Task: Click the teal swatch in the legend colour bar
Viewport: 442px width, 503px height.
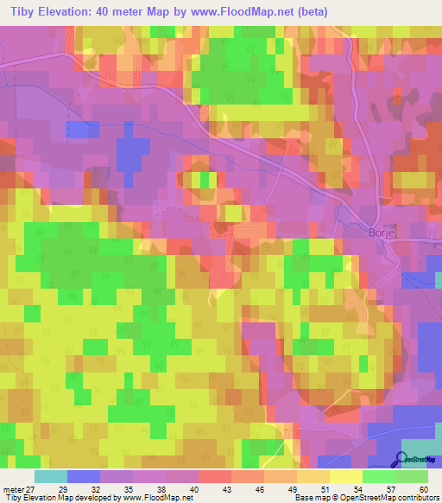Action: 51,476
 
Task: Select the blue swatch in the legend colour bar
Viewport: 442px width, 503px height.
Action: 84,476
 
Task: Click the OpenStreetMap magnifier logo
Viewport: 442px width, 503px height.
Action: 402,460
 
